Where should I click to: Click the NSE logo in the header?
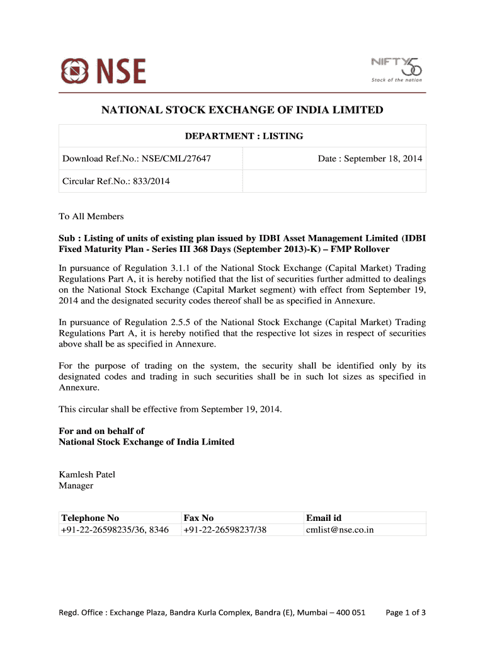tap(103, 71)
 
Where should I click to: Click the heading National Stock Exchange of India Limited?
tap(243, 110)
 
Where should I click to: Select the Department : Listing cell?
tap(243, 136)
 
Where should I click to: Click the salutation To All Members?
tap(91, 217)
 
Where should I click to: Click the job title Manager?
tap(76, 486)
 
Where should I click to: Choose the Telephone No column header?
tap(90, 518)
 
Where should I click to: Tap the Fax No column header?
tap(198, 518)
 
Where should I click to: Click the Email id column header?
tap(324, 518)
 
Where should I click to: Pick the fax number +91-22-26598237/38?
tap(225, 530)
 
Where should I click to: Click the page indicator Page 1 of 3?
tap(406, 612)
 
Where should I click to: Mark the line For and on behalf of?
tap(101, 431)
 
